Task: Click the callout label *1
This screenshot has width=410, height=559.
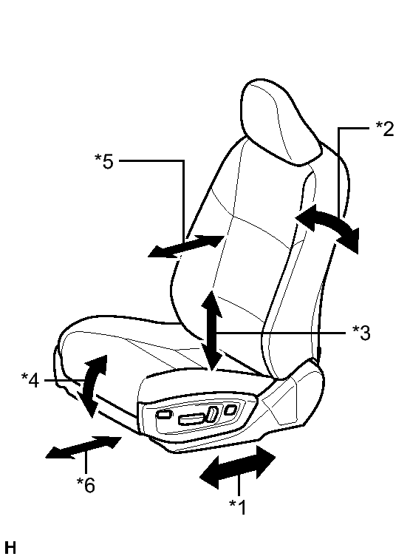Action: pos(238,507)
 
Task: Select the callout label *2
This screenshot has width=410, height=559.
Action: pos(385,129)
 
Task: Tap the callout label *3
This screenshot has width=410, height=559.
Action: pos(361,333)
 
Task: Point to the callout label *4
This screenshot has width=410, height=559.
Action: pos(30,380)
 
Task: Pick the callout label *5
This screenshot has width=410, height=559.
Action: pos(104,160)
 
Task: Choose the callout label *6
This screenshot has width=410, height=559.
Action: pos(86,484)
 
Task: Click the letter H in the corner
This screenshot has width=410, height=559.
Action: pos(10,548)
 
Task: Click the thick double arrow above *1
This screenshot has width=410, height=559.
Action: pos(238,467)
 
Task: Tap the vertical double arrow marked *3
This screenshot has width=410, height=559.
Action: pos(211,331)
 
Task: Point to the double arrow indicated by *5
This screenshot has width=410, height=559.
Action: pos(186,246)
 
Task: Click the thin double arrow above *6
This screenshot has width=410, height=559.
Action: pos(84,447)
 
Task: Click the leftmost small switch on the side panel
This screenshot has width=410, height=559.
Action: pos(163,413)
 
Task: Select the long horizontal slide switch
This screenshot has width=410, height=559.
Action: pos(192,419)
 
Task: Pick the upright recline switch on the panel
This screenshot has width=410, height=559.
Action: pos(213,413)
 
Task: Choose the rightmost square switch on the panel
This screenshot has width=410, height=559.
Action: pos(230,410)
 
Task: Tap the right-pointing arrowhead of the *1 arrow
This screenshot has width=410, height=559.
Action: pos(265,460)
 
